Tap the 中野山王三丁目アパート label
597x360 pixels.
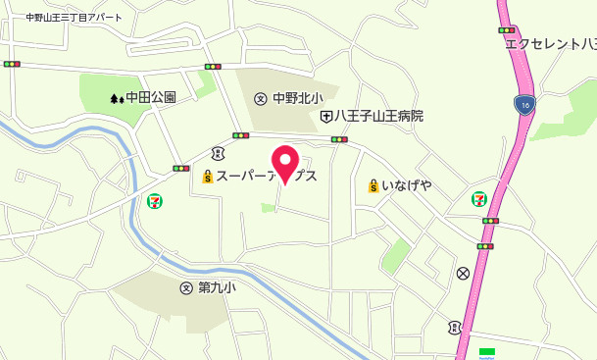[x=74, y=18]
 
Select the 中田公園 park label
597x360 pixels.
[x=151, y=97]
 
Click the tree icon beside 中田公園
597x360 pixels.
[x=117, y=98]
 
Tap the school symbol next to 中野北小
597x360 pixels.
[x=261, y=97]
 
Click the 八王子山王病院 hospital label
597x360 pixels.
[x=378, y=116]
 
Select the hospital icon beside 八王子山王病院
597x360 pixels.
[x=325, y=116]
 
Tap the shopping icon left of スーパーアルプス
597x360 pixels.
[x=207, y=178]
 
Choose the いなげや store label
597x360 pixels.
[x=407, y=185]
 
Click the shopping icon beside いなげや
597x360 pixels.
[x=373, y=185]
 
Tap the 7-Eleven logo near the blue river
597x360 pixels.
[x=155, y=200]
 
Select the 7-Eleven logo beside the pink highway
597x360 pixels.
[x=479, y=197]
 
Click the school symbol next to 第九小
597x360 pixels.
[x=186, y=287]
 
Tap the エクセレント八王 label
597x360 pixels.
[x=550, y=43]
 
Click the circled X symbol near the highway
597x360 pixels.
[x=463, y=273]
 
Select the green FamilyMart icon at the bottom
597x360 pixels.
[x=486, y=353]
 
